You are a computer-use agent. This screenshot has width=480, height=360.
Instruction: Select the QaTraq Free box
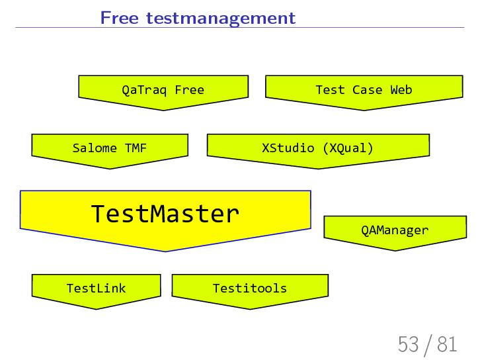[x=163, y=90]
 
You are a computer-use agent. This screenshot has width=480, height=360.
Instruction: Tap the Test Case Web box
[x=363, y=90]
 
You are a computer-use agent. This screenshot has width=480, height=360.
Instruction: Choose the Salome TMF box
[x=109, y=148]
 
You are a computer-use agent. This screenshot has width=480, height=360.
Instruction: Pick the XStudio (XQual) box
[x=318, y=148]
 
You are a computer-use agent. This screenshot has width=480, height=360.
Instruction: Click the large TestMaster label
[x=164, y=214]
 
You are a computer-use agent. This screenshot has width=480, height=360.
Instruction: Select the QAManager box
[x=395, y=230]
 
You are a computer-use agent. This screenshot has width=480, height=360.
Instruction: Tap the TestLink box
[x=96, y=288]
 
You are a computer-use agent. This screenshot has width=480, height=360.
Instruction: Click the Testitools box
[x=249, y=288]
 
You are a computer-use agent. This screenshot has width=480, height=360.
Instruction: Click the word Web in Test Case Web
[x=401, y=90]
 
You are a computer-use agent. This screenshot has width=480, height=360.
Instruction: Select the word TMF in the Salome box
[x=136, y=148]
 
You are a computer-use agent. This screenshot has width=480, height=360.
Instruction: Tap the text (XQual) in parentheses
[x=348, y=148]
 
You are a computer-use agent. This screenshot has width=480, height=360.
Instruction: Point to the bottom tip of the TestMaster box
[x=165, y=251]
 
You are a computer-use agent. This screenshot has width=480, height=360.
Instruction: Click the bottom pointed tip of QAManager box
[x=395, y=249]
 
